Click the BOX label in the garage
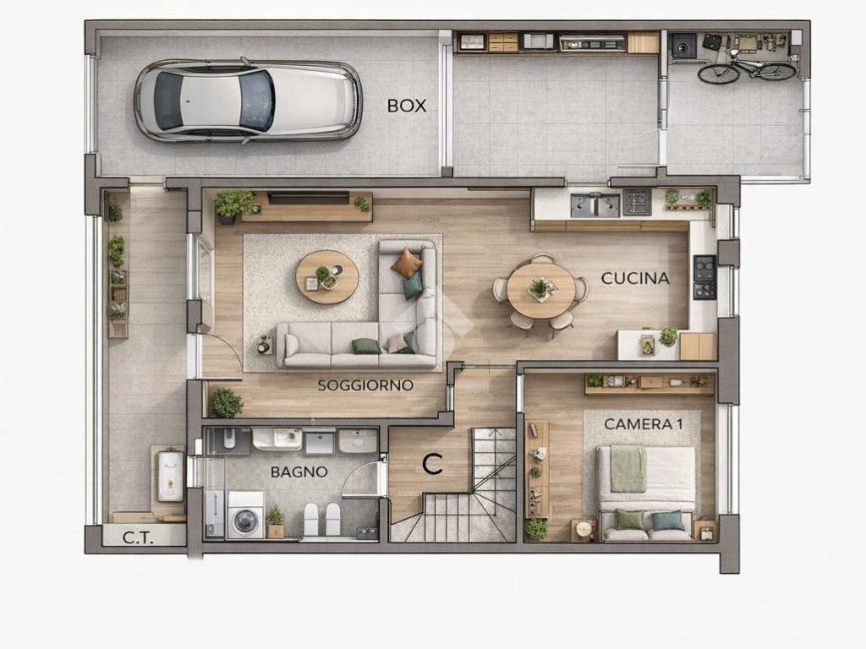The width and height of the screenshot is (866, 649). click(x=407, y=106)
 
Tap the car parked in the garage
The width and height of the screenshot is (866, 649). click(x=247, y=101)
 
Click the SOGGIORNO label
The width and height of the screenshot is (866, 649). click(x=365, y=385)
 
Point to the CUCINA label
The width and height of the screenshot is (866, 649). click(x=635, y=278)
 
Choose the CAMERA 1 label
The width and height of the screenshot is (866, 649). click(x=644, y=424)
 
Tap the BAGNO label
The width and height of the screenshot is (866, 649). click(x=299, y=472)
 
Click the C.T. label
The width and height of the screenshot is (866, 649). click(x=137, y=537)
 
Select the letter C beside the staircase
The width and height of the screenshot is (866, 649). click(x=432, y=464)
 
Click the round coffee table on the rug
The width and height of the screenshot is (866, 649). click(x=326, y=276)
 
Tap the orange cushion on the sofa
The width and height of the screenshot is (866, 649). click(x=407, y=263)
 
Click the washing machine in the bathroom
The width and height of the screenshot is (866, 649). click(x=245, y=515)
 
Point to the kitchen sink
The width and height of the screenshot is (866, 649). click(x=595, y=205)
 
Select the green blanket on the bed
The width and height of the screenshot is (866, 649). click(x=628, y=468)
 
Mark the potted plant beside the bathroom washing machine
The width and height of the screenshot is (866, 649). click(x=275, y=521)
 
